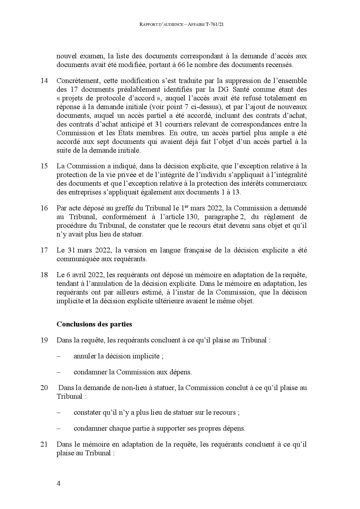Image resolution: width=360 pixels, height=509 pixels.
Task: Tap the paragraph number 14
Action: pos(44,81)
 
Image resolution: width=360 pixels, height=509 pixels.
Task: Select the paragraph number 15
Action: pos(44,166)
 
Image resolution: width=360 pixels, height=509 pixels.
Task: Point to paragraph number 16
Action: pos(44,208)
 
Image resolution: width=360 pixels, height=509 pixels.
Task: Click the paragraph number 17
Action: pos(44,250)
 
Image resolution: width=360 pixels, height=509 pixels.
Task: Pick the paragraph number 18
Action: pos(44,275)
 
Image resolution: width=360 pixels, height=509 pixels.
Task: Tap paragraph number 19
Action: pos(44,340)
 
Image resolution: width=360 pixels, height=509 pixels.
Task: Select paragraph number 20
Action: pos(44,388)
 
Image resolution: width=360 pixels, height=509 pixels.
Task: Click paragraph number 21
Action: pos(44,444)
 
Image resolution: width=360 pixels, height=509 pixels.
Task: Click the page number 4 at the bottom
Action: pos(59,484)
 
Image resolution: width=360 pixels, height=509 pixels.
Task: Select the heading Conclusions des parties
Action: pos(94,324)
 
